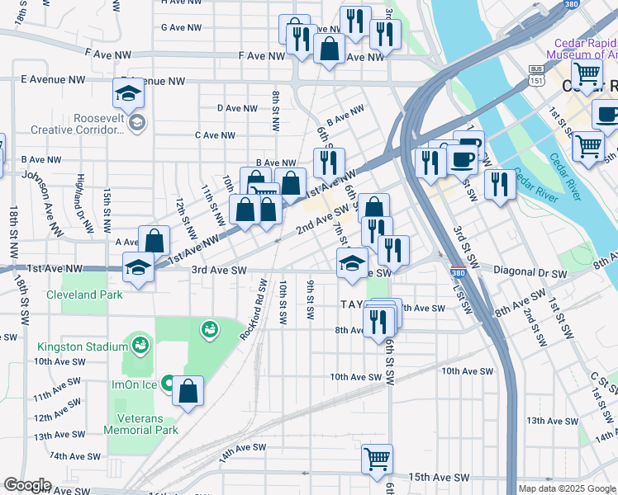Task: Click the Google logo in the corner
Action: coord(27,485)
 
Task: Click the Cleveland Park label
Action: coord(84,295)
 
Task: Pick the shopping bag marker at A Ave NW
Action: coord(154,240)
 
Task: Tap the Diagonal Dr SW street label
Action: coord(529,272)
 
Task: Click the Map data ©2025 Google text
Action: coord(566,488)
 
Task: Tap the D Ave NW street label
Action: coord(237,108)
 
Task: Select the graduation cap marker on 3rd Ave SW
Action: coord(352,264)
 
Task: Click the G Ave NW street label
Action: coord(181,27)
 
